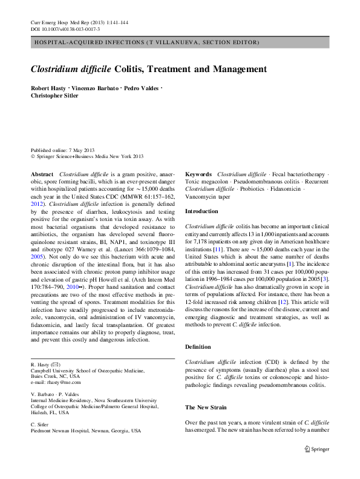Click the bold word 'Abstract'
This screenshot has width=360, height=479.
42,174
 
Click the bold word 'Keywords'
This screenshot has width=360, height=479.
198,174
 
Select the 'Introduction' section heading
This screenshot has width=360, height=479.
201,211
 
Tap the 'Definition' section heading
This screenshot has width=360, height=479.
198,347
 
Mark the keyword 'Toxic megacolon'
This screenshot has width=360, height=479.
206,181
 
